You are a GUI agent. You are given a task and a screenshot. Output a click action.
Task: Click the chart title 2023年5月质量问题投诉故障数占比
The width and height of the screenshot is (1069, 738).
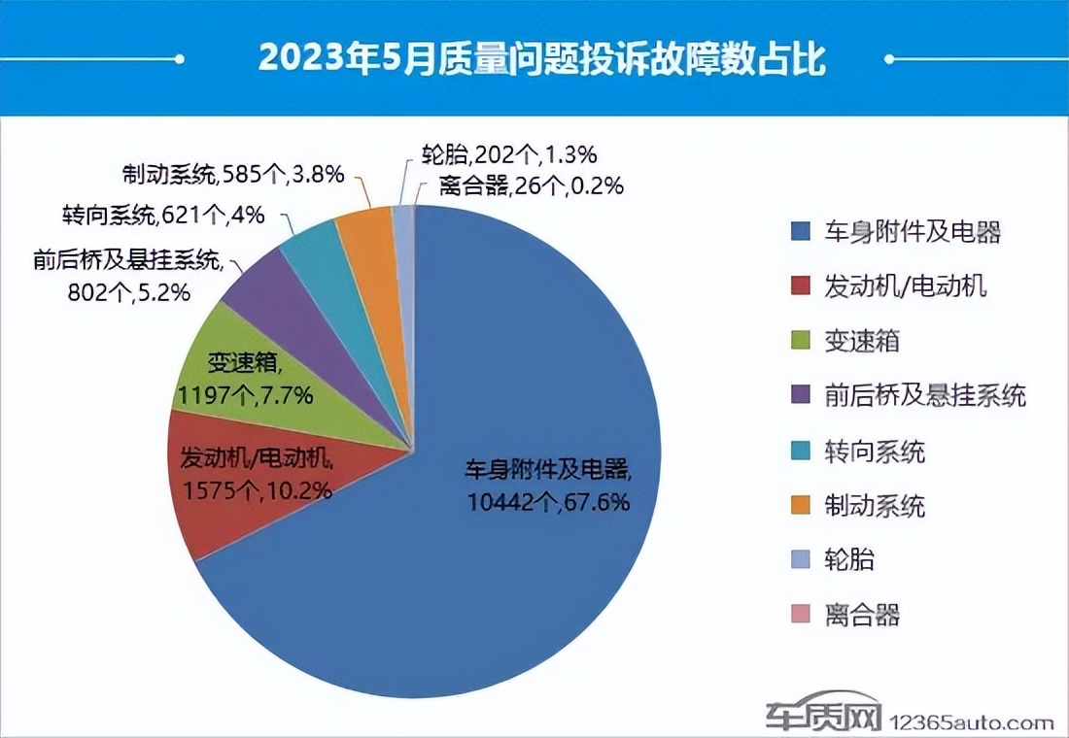click(541, 60)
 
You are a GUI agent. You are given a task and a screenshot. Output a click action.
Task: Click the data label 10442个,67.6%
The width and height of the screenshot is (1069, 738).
click(548, 502)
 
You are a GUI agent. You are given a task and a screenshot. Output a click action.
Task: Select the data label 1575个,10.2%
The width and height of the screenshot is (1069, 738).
click(257, 489)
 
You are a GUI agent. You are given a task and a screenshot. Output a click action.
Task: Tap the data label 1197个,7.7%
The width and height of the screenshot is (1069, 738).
click(244, 394)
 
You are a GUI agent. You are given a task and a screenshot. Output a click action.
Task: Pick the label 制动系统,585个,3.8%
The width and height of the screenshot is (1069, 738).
click(233, 175)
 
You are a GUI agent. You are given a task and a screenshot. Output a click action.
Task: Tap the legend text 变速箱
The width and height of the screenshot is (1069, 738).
click(860, 342)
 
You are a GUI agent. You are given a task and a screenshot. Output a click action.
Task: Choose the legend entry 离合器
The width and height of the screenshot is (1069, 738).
click(860, 615)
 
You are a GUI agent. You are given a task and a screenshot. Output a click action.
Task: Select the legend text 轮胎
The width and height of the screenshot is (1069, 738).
click(849, 560)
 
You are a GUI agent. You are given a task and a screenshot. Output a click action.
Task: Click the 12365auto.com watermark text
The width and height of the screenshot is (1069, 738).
click(972, 723)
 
